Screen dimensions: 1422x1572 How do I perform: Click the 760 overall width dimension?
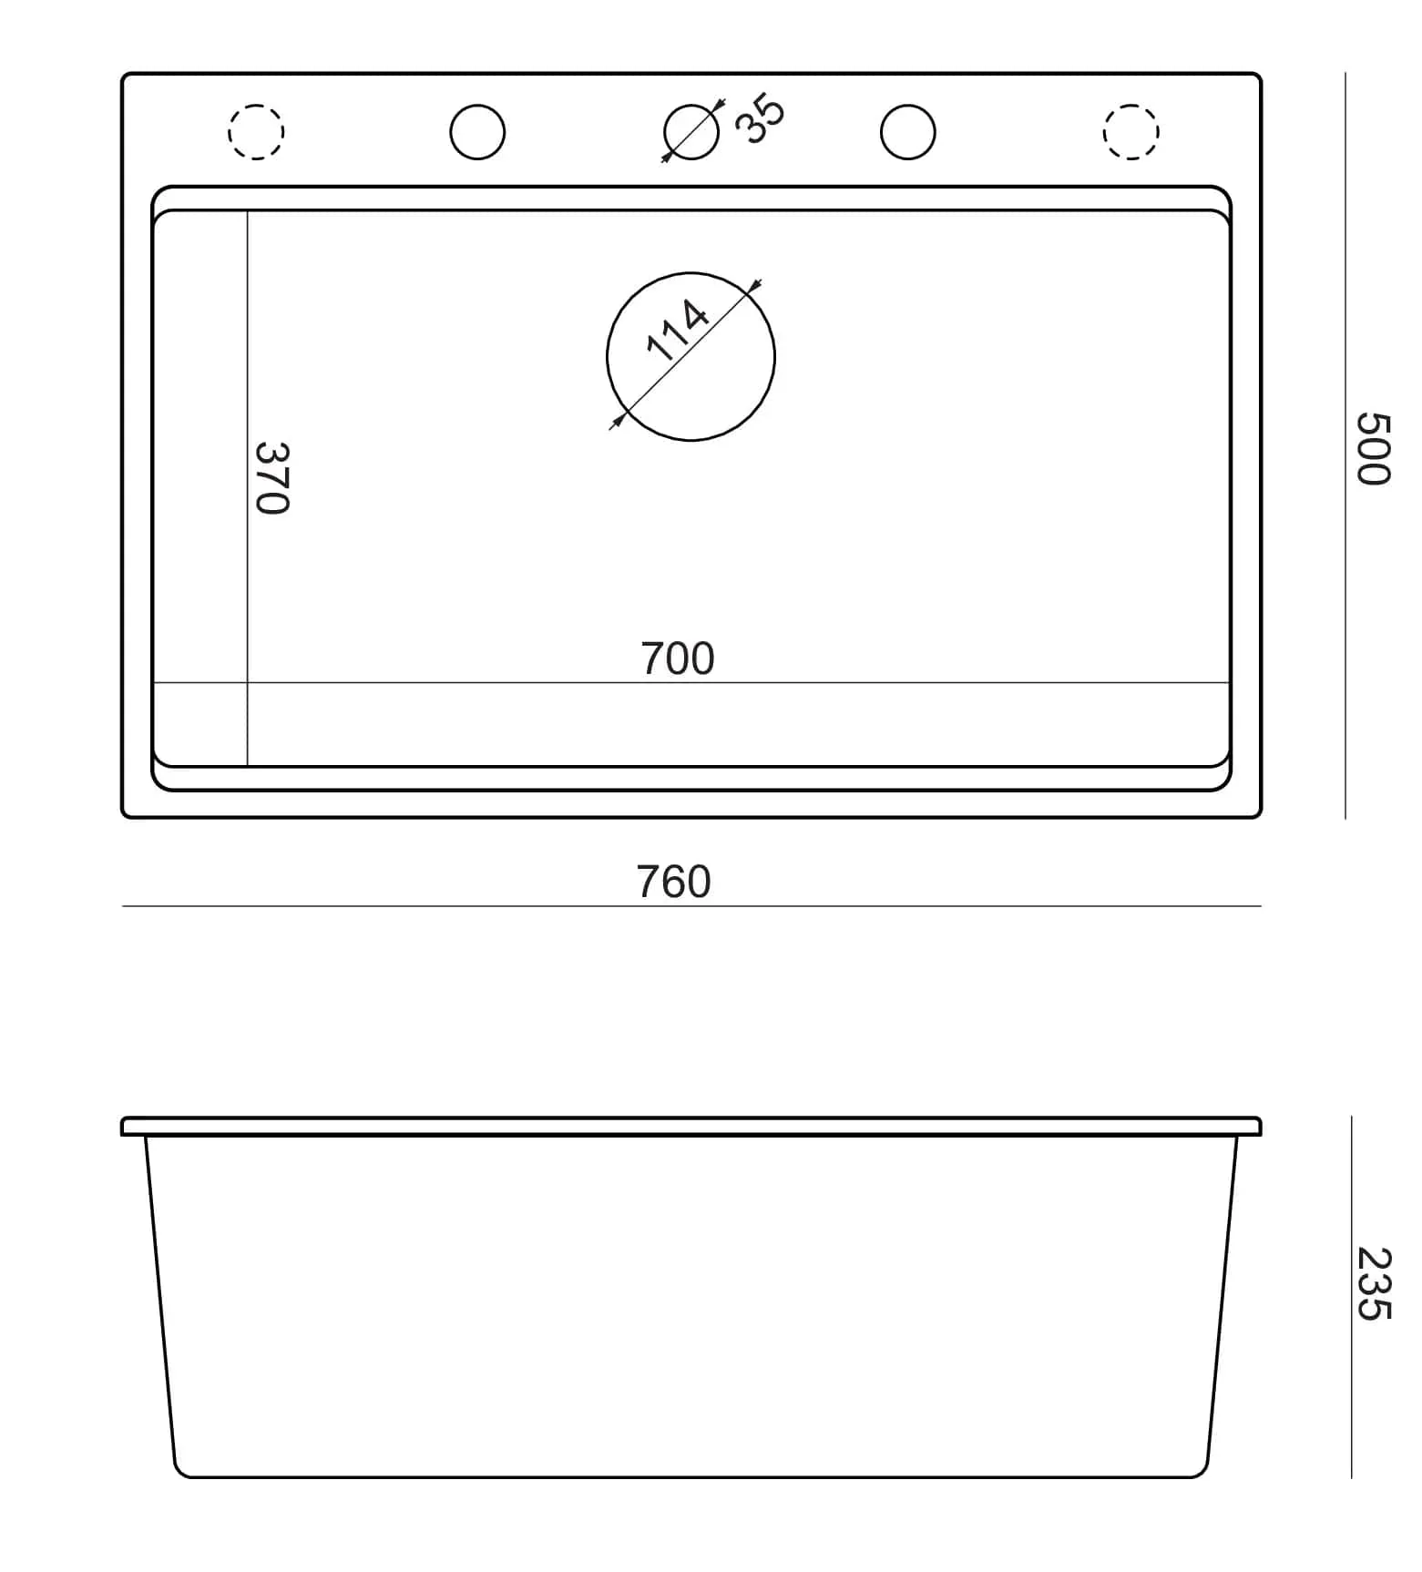pos(673,882)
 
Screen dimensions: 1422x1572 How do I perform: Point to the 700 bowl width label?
pos(678,658)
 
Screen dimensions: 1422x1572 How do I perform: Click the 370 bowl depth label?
pos(271,478)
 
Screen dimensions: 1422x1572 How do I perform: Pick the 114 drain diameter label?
pos(677,330)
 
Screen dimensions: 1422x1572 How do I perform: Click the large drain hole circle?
pos(691,272)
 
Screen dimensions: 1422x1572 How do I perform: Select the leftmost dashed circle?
pos(256,105)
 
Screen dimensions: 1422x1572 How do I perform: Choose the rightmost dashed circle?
pos(1131,105)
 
